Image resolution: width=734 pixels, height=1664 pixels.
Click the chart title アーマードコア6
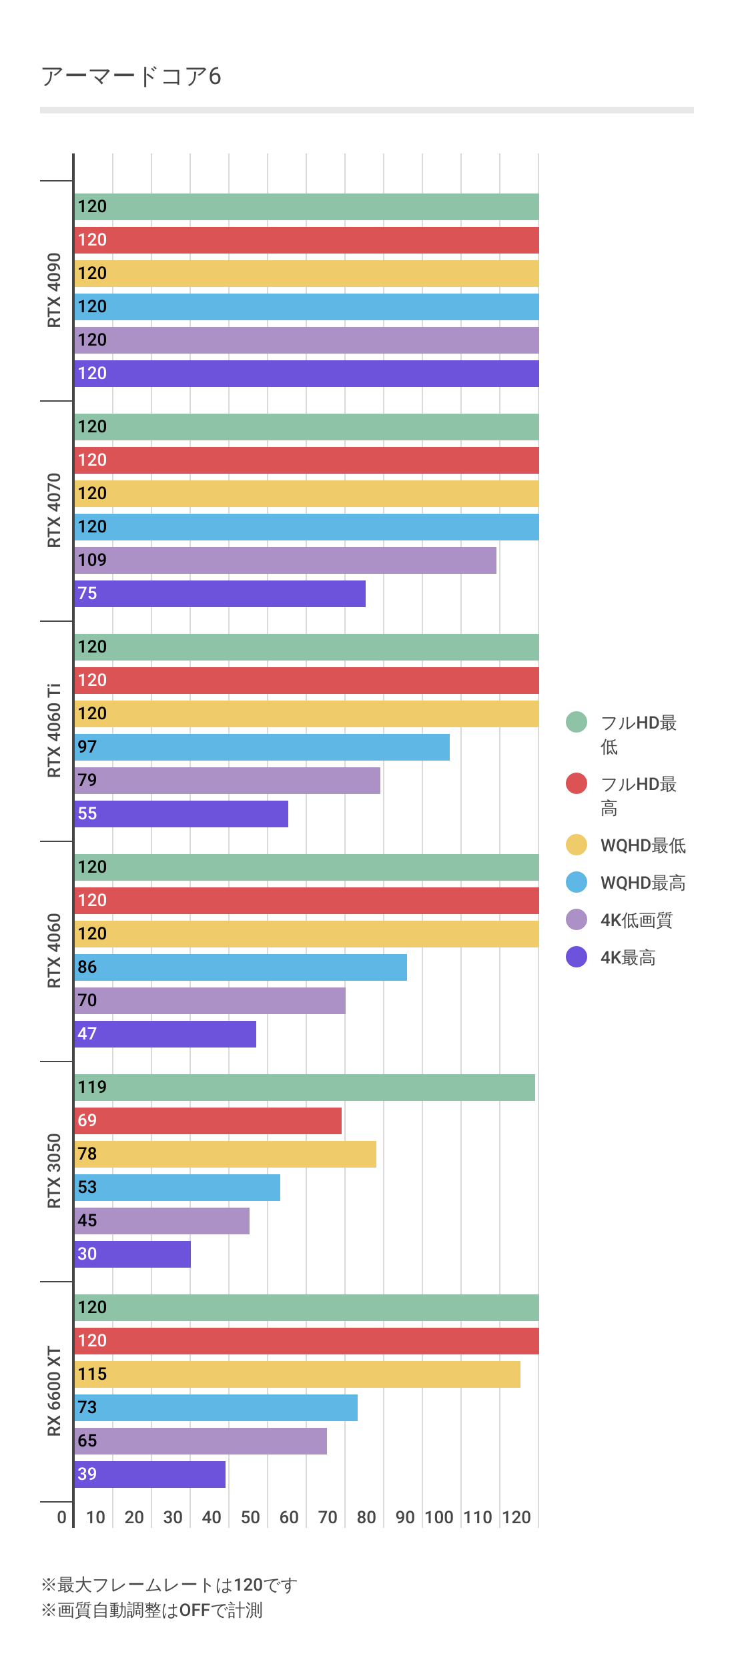click(x=131, y=77)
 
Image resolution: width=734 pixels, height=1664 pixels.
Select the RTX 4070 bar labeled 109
click(x=285, y=560)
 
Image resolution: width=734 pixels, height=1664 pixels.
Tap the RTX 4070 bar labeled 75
click(x=220, y=594)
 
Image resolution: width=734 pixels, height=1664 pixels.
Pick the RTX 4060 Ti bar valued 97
click(x=262, y=747)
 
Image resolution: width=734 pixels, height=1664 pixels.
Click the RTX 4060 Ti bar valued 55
click(x=181, y=814)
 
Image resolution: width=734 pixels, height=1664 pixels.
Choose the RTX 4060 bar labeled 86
click(x=240, y=967)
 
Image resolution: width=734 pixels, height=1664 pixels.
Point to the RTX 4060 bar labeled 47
click(x=165, y=1034)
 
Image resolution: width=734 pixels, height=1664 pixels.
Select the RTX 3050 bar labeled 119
click(x=304, y=1088)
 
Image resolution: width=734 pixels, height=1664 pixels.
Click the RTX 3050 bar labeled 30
click(x=132, y=1254)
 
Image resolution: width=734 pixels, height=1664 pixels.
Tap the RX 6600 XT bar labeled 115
click(x=297, y=1374)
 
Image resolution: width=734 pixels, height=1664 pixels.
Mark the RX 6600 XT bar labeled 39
click(x=149, y=1475)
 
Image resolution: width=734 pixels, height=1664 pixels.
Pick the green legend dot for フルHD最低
click(x=577, y=722)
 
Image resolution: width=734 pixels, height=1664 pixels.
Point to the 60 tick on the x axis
click(x=289, y=1518)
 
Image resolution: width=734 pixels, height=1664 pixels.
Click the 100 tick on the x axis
click(x=439, y=1518)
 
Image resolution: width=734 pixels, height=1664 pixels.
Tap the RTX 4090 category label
click(x=54, y=290)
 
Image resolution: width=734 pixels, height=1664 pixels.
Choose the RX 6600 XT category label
click(x=54, y=1391)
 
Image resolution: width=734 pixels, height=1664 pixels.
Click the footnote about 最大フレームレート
click(x=169, y=1585)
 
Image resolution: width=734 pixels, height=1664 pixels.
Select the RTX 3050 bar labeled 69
click(x=208, y=1121)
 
